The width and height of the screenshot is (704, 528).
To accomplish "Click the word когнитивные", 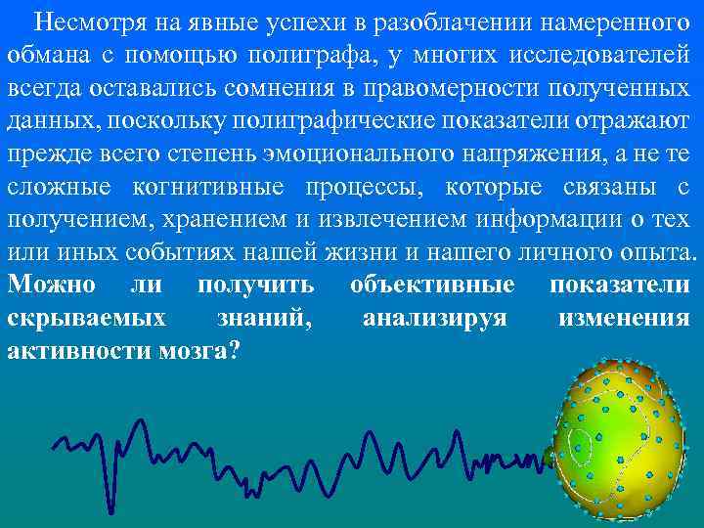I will (233, 188).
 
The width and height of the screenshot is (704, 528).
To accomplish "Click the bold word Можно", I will (51, 286).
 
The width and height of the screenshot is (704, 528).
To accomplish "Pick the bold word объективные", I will (432, 286).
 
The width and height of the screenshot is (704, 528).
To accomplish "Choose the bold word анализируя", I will (434, 318).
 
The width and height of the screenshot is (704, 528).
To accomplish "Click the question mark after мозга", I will (232, 351).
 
